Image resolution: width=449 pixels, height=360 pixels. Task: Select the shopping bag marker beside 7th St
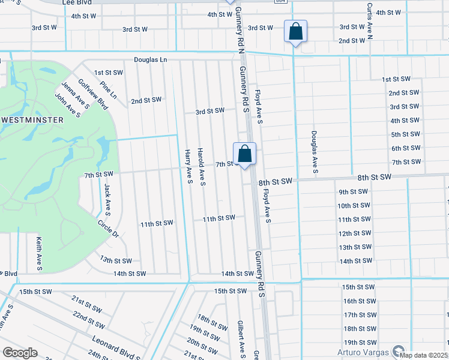[x=244, y=154]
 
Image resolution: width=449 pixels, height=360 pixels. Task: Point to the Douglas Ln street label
[x=150, y=61]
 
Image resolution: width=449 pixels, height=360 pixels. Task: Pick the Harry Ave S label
[x=188, y=167]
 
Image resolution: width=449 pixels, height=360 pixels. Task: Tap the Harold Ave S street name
[x=202, y=167]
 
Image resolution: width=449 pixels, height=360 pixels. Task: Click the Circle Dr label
[x=109, y=228]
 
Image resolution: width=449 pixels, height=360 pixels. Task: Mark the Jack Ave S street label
[x=107, y=200]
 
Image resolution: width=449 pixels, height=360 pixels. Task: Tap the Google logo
[x=20, y=353]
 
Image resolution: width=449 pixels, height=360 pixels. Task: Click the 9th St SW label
[x=353, y=192]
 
